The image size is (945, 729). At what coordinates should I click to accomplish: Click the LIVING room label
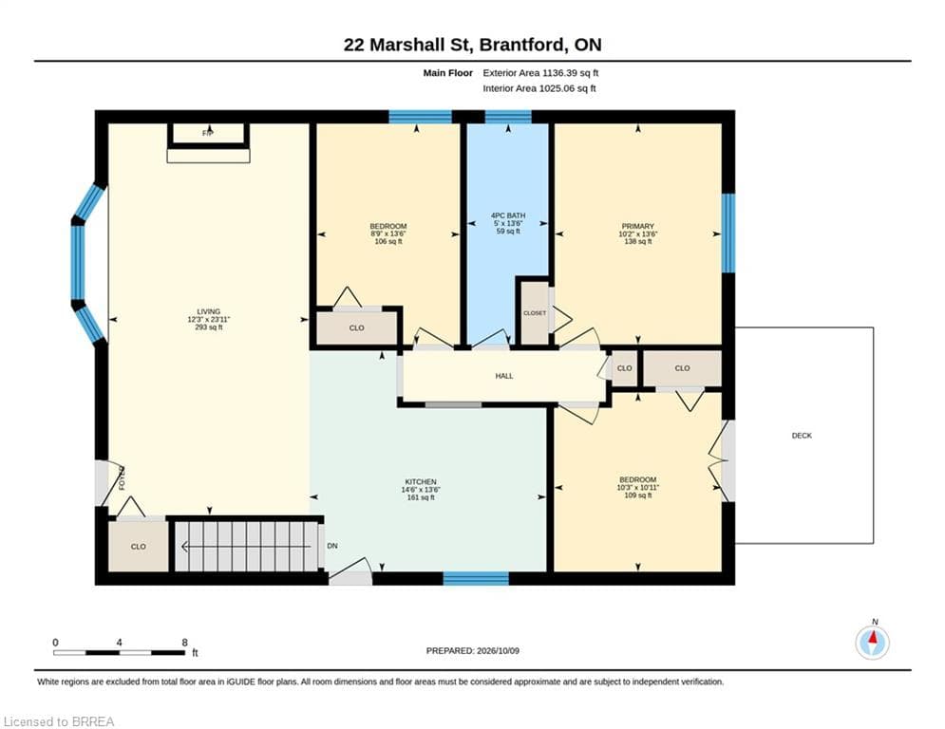209,311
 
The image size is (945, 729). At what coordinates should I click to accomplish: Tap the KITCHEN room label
421,482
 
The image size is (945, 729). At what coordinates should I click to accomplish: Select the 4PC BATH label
508,215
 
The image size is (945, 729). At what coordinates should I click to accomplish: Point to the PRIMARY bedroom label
637,227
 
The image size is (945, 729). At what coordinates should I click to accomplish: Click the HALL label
504,376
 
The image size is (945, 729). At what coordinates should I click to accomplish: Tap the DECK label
802,436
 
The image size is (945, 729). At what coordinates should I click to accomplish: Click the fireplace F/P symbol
208,133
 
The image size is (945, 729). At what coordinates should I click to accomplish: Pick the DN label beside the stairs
332,546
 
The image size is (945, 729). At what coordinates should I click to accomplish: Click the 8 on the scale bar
185,643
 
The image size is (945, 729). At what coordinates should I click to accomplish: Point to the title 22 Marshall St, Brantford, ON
473,45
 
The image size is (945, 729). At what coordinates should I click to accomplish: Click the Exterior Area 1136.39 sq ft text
540,73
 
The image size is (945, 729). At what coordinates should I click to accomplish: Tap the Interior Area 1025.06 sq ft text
539,88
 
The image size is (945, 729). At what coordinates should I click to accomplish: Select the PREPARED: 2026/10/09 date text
473,650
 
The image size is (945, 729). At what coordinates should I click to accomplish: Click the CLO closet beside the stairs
139,547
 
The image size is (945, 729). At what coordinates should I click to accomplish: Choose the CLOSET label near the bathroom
535,313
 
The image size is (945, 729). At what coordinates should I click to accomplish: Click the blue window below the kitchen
476,578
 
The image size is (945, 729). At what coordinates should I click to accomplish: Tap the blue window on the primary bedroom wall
728,233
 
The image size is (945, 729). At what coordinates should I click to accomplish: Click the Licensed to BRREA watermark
59,721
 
